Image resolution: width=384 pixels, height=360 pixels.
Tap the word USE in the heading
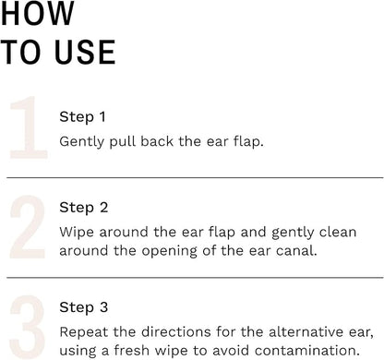83,52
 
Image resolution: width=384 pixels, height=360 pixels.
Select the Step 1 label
83,117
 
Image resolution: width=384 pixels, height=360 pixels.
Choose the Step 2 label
83,208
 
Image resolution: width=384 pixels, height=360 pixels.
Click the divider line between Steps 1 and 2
194,177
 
